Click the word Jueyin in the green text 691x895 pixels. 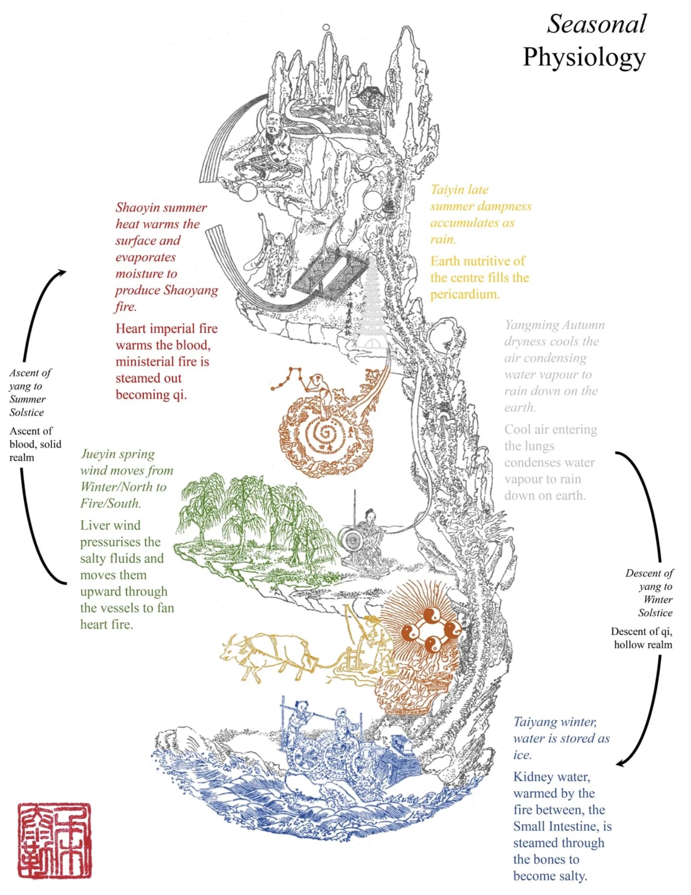(x=97, y=454)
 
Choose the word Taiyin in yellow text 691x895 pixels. (x=446, y=190)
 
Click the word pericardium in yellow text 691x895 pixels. (x=465, y=294)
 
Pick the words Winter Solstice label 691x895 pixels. (x=655, y=606)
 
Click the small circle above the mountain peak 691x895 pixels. (x=326, y=27)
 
